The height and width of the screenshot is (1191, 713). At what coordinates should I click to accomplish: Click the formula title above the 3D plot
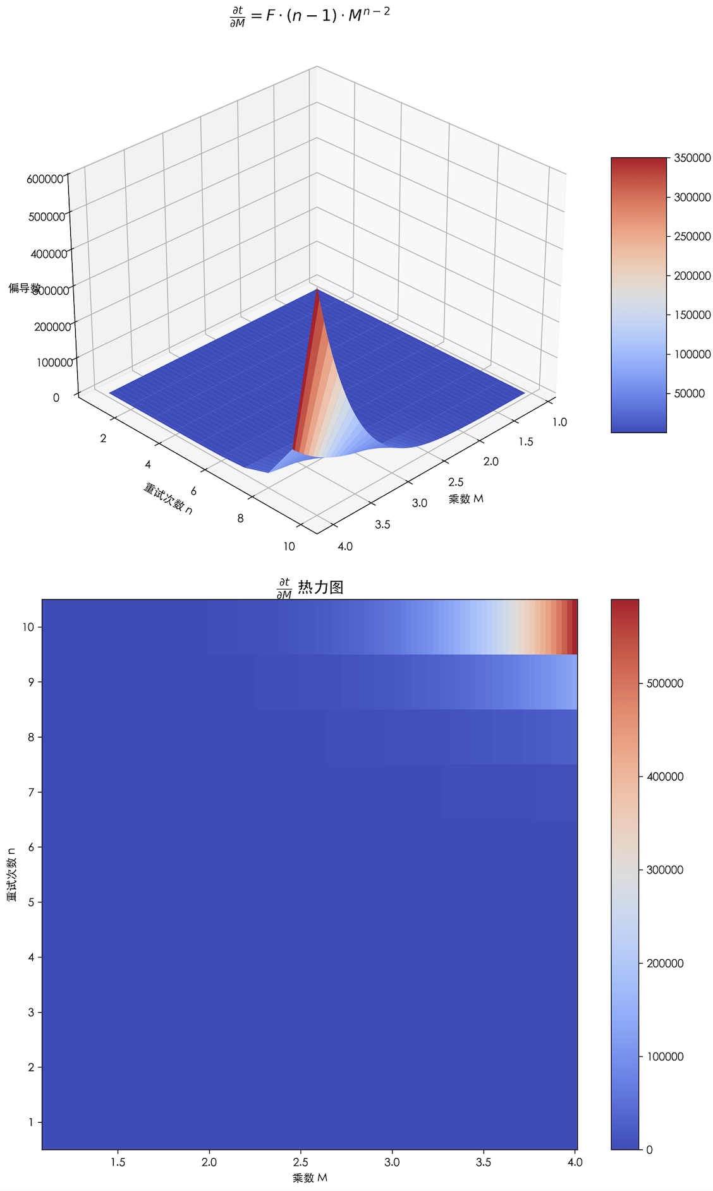pos(310,16)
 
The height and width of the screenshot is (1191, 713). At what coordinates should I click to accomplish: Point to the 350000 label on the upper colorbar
pos(692,158)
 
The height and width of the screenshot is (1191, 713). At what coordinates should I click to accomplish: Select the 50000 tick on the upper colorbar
pos(688,393)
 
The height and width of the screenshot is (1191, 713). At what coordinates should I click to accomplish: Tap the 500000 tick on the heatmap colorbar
pos(664,683)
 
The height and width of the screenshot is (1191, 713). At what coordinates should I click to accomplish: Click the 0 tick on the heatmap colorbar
pos(649,1149)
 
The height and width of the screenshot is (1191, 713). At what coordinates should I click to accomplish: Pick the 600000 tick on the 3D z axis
pos(45,179)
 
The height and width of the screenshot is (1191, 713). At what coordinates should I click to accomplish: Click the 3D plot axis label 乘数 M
pos(466,499)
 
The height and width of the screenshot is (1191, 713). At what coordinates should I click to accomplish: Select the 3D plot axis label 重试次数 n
pos(168,498)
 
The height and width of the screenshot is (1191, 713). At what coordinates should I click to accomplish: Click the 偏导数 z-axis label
pos(24,288)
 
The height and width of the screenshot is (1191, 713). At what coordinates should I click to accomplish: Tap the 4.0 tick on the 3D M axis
pos(345,546)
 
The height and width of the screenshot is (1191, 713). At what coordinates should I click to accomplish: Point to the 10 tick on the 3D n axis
pos(289,546)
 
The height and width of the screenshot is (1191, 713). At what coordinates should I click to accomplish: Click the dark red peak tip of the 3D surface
pos(317,291)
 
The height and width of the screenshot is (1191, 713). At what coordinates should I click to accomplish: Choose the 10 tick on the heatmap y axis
pos(28,627)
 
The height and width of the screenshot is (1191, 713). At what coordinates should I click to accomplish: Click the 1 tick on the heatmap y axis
pos(30,1122)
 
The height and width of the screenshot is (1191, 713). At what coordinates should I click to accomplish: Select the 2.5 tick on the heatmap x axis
pos(300,1162)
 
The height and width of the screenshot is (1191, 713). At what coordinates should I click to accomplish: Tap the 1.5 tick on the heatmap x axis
pos(118,1162)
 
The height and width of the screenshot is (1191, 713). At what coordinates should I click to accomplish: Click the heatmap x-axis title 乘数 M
pos(310,1178)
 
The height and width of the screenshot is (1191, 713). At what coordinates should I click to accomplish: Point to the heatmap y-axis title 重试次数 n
pos(12,875)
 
